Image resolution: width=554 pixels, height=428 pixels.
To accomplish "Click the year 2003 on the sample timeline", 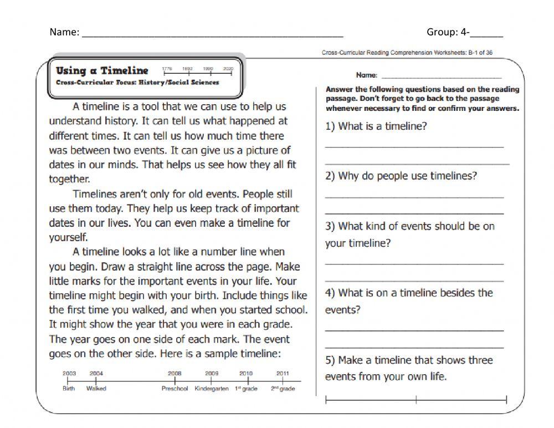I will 69,374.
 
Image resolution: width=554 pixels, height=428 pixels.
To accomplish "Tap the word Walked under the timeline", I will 96,389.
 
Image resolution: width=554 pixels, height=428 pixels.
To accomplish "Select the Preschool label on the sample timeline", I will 175,389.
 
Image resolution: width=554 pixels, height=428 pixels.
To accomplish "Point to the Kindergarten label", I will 212,389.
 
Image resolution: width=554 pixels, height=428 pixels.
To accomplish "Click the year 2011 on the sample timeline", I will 283,374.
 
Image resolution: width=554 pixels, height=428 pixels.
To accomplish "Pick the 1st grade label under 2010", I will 245,389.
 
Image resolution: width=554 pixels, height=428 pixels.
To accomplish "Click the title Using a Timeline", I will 102,70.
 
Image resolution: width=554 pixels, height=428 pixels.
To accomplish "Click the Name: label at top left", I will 64,32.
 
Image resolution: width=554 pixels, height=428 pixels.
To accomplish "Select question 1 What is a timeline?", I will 376,126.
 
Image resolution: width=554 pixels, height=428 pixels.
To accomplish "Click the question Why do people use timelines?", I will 401,176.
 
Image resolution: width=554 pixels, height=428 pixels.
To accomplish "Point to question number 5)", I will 330,360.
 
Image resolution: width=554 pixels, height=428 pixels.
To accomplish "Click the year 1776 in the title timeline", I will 167,68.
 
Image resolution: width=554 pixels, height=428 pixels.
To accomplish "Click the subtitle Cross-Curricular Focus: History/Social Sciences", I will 137,83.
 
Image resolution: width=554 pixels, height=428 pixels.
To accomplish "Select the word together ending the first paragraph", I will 69,179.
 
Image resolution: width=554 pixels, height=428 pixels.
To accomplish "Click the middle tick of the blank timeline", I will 416,399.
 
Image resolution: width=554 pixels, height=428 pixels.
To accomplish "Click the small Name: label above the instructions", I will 367,74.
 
